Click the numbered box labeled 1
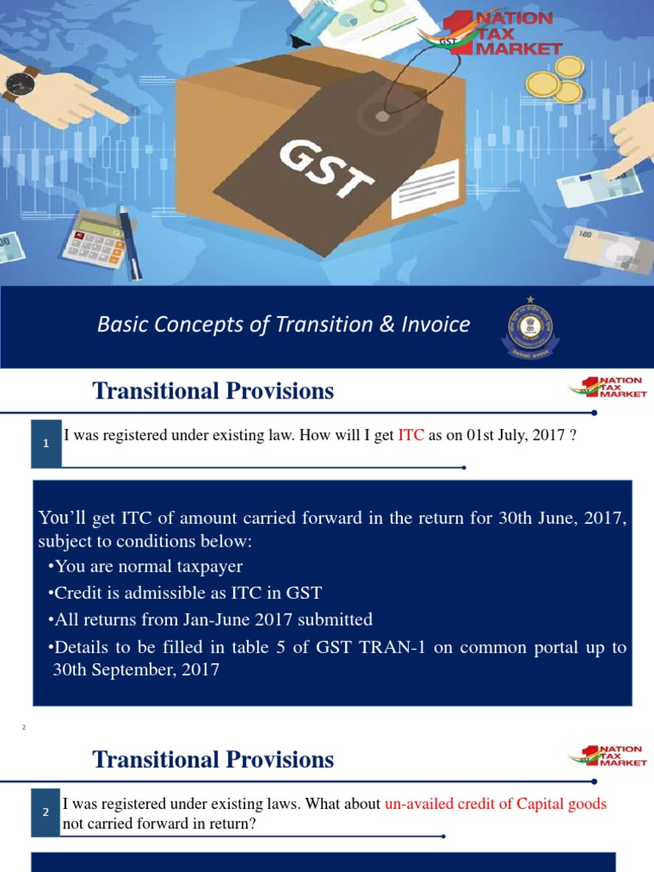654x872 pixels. (46, 443)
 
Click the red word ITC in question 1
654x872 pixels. (410, 436)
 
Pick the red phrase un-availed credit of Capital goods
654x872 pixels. (496, 803)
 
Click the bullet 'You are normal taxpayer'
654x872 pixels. (146, 566)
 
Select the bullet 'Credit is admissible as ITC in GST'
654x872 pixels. (185, 593)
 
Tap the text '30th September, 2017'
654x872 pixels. (136, 669)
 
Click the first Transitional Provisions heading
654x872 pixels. (213, 391)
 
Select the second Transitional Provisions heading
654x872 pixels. (213, 760)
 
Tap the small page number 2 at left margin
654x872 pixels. (25, 726)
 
